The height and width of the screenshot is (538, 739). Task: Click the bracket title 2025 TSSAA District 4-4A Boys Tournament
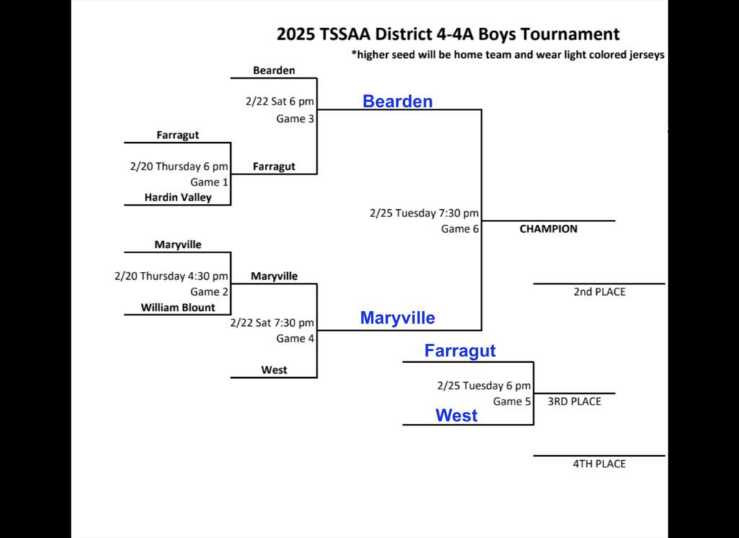pos(447,34)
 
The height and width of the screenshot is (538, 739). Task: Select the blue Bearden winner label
pos(398,102)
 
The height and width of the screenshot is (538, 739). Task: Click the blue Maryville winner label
pos(398,317)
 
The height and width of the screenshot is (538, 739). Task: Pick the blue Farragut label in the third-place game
pos(460,351)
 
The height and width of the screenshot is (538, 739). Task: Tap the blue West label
pos(456,415)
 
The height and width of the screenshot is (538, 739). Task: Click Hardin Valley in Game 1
pos(178,197)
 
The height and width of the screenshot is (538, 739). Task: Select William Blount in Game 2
pos(178,307)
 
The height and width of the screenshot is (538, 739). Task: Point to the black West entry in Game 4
pos(274,370)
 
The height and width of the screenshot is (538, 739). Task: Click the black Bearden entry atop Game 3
pos(274,71)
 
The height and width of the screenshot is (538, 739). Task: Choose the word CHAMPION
pos(548,229)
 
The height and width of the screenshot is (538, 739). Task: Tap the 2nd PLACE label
pos(599,292)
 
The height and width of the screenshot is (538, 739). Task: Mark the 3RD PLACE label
pos(574,402)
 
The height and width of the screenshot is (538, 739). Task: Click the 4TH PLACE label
pos(599,464)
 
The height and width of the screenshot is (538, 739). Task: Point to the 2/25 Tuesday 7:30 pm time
pos(424,213)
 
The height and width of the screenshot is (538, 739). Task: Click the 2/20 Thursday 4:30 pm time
pos(171,276)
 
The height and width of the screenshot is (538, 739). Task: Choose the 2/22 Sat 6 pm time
pos(279,102)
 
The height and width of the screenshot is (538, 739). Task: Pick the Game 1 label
pos(209,182)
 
